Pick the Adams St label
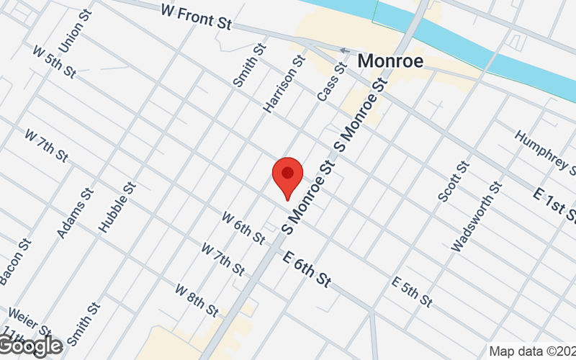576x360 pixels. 75,213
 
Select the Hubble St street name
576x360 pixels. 118,207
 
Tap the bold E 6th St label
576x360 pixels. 307,269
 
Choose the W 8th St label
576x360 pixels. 197,300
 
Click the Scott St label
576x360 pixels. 454,181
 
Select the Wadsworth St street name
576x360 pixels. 476,216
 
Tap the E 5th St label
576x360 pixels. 412,289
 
